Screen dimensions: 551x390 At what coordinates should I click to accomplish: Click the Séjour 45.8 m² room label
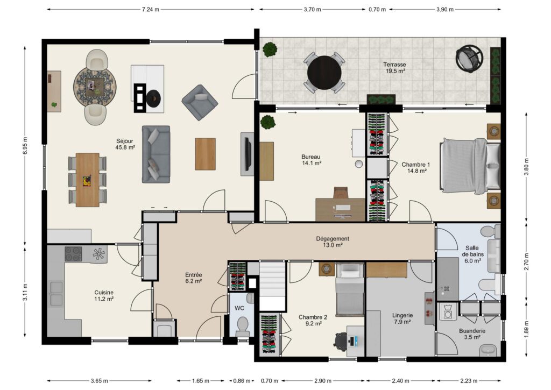click(125, 144)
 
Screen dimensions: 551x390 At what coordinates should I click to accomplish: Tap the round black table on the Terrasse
click(324, 73)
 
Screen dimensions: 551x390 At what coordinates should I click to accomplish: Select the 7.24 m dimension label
click(151, 10)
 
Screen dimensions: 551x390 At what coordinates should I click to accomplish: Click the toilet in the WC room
click(243, 325)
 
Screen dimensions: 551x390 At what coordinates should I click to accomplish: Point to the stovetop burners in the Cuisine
click(73, 254)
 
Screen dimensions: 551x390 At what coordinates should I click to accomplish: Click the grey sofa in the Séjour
click(156, 154)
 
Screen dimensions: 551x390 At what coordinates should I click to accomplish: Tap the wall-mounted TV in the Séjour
click(248, 154)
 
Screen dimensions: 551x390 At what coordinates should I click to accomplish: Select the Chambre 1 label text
click(416, 165)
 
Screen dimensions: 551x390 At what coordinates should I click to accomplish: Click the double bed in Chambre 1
click(470, 165)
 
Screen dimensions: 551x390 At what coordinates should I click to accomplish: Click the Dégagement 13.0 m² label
click(333, 242)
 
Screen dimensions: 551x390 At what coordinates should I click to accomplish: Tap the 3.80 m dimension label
click(526, 167)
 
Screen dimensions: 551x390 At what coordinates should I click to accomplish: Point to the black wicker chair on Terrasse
click(469, 59)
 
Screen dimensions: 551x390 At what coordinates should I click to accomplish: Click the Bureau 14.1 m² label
click(311, 160)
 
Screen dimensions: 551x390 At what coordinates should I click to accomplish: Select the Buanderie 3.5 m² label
click(472, 334)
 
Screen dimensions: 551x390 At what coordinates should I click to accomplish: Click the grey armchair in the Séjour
click(200, 102)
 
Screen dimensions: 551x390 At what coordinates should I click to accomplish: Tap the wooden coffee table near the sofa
click(205, 154)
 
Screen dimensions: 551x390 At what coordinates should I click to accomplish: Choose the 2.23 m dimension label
click(469, 380)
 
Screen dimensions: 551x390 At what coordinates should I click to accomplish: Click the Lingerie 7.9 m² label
click(402, 318)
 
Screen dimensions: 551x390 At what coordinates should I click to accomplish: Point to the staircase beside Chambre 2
click(272, 285)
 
